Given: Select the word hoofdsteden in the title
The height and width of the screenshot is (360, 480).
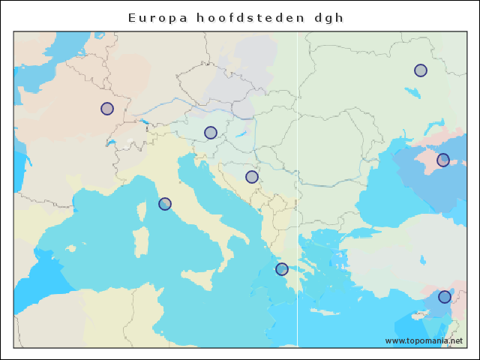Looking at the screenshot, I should click(239, 17).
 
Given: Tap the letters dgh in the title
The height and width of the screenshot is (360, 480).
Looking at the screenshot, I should click(328, 17).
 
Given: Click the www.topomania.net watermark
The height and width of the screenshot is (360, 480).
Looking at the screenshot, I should click(424, 340).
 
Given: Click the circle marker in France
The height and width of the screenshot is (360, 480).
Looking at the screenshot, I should click(107, 109).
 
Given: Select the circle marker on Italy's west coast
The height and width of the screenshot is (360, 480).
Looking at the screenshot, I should click(165, 204).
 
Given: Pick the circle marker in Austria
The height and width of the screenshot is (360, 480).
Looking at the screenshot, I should click(211, 133).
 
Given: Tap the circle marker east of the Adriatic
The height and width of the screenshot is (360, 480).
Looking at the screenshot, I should click(252, 177).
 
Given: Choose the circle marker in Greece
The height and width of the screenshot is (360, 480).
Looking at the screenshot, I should click(282, 269).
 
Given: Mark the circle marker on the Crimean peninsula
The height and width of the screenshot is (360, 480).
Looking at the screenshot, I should click(443, 160).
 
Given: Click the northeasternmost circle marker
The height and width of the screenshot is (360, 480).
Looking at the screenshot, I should click(421, 70).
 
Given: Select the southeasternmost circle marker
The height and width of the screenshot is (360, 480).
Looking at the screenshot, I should click(445, 297).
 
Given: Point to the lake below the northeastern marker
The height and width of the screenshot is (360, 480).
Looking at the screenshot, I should click(412, 94).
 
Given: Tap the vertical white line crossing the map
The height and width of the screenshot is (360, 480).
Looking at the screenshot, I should click(298, 225).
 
